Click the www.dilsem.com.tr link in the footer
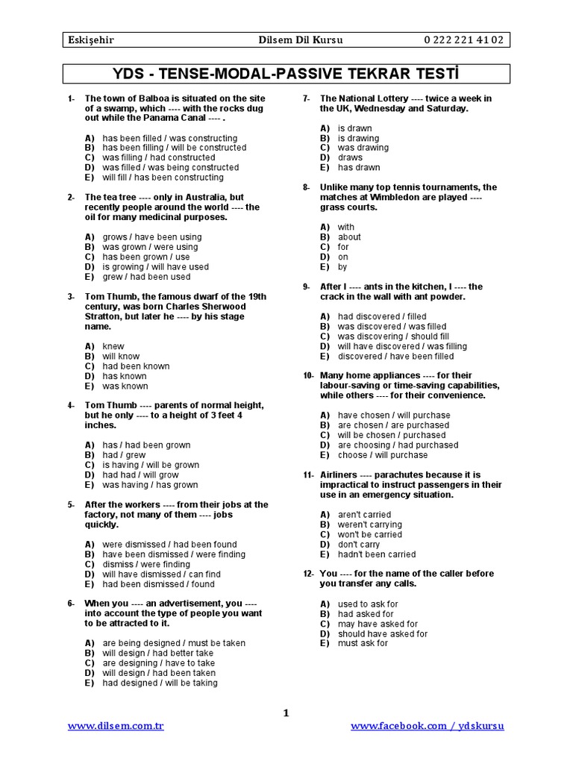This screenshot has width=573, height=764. coord(116,726)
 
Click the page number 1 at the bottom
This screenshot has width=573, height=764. coord(286,713)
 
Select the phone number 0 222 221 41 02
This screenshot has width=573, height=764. coord(463,40)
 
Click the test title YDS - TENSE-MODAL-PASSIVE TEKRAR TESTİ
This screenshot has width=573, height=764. coord(286,74)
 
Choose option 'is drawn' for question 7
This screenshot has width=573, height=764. coord(354,128)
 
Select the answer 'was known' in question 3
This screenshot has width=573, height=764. coord(125,386)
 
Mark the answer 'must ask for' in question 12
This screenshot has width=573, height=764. coord(363,643)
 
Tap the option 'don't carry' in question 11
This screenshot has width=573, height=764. coord(359,544)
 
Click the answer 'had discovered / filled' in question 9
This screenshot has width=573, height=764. coord(382,316)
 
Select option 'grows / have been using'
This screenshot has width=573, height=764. coord(152,237)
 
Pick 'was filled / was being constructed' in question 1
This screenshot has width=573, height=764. coord(171,168)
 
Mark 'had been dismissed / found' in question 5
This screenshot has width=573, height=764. coord(158,584)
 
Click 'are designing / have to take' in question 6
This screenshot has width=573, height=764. coord(159,663)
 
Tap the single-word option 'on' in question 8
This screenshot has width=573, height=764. coord(343,257)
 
